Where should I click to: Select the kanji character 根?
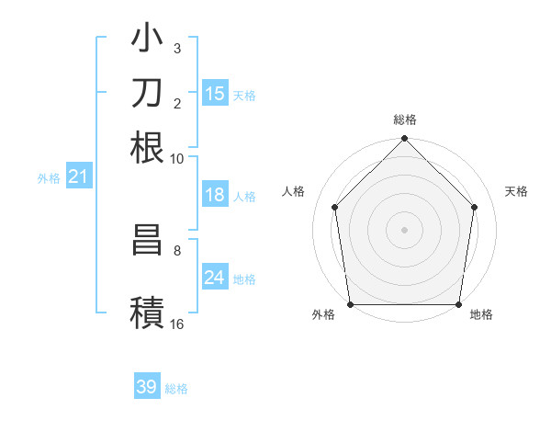point(148,147)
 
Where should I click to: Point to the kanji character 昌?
point(148,241)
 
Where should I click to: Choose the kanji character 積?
point(148,311)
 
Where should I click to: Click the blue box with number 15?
point(215,93)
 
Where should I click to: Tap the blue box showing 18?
point(215,195)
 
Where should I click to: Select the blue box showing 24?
point(215,278)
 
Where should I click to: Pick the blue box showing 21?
point(77,176)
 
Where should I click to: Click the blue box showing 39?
point(147,387)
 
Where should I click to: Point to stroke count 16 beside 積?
point(177,324)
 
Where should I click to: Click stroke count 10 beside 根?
point(177,158)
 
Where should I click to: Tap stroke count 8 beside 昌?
point(177,249)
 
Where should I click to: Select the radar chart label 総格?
point(405,119)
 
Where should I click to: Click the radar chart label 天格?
point(516,191)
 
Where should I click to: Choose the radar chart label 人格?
point(294,191)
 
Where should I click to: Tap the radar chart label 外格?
point(323,315)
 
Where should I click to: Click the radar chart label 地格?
point(481,315)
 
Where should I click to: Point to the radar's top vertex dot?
point(405,140)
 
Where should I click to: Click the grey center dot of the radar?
point(405,229)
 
